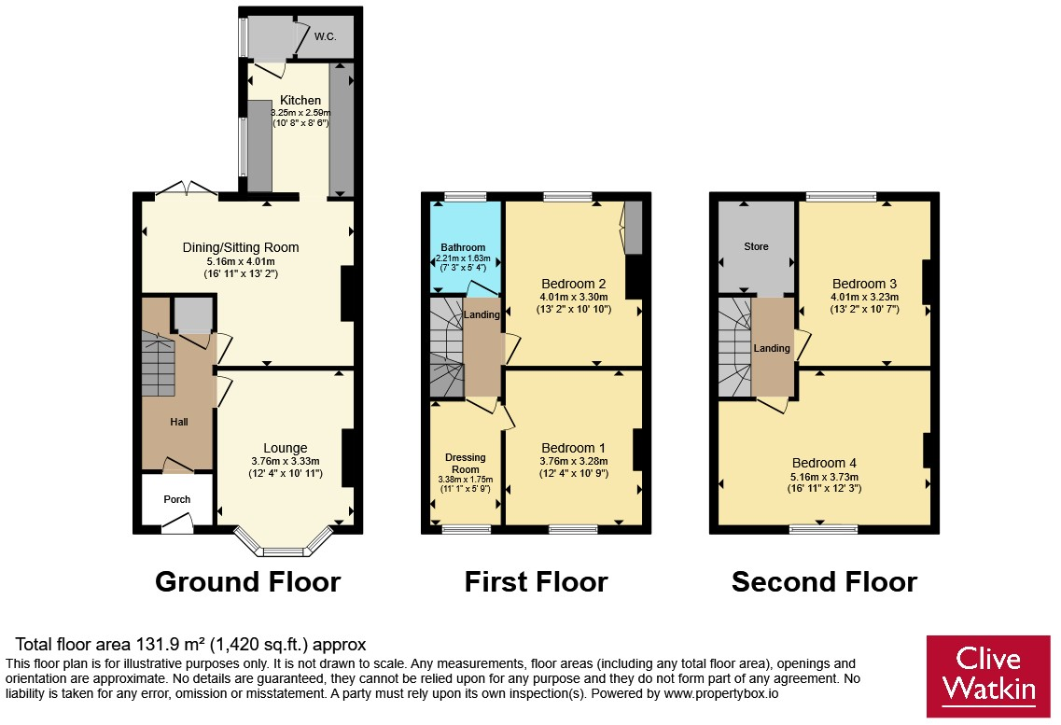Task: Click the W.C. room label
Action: (325, 36)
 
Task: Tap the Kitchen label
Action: (300, 100)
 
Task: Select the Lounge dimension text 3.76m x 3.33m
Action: (286, 461)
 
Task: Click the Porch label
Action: (177, 499)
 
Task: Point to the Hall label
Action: (178, 422)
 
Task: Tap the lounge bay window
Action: (285, 542)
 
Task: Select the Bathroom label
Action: (463, 247)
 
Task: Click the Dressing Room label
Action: (466, 463)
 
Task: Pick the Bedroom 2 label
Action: (574, 284)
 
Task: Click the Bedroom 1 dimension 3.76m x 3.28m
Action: (574, 461)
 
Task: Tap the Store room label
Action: (757, 247)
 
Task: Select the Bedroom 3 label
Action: (865, 284)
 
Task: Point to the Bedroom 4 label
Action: (824, 463)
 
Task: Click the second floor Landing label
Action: (772, 348)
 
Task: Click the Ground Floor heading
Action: (247, 581)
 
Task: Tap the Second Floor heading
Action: (824, 581)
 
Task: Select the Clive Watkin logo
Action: (988, 676)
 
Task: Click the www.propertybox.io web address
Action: (720, 693)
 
